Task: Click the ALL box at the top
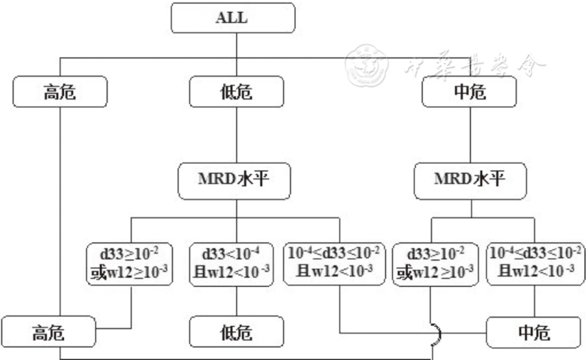(x=231, y=18)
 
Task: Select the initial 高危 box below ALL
(x=60, y=92)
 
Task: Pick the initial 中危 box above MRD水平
(x=468, y=92)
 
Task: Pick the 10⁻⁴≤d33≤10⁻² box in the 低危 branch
(x=334, y=263)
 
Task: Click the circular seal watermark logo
(x=363, y=66)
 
